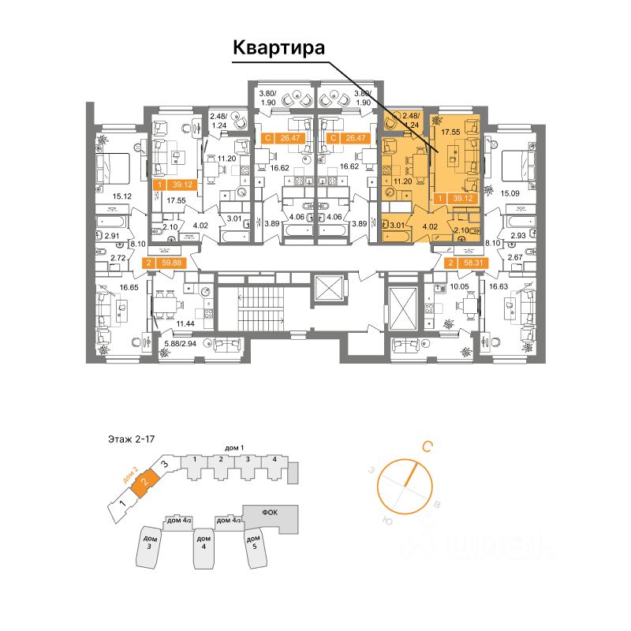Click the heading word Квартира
279,49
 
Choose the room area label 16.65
108,289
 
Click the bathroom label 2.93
517,235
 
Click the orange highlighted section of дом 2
144,480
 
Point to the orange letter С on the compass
426,447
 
